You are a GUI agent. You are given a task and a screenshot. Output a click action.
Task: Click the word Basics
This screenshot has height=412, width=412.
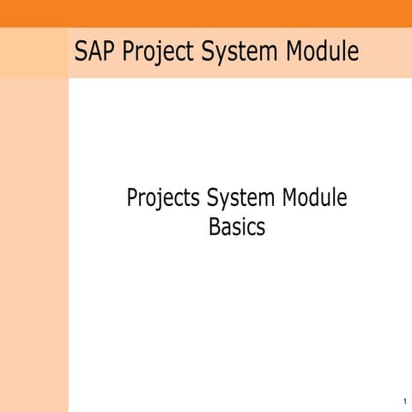237,228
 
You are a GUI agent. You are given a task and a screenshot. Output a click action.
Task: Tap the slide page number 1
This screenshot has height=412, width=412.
403,402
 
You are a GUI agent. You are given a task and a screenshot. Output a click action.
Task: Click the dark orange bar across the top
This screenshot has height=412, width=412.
206,13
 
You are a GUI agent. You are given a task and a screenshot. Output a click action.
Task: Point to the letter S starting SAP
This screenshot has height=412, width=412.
81,51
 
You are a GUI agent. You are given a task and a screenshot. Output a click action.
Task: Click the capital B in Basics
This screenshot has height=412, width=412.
215,228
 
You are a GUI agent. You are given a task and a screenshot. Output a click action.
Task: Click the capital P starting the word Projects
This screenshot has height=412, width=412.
132,199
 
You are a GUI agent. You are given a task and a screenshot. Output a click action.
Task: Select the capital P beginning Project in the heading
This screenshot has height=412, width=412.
128,51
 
